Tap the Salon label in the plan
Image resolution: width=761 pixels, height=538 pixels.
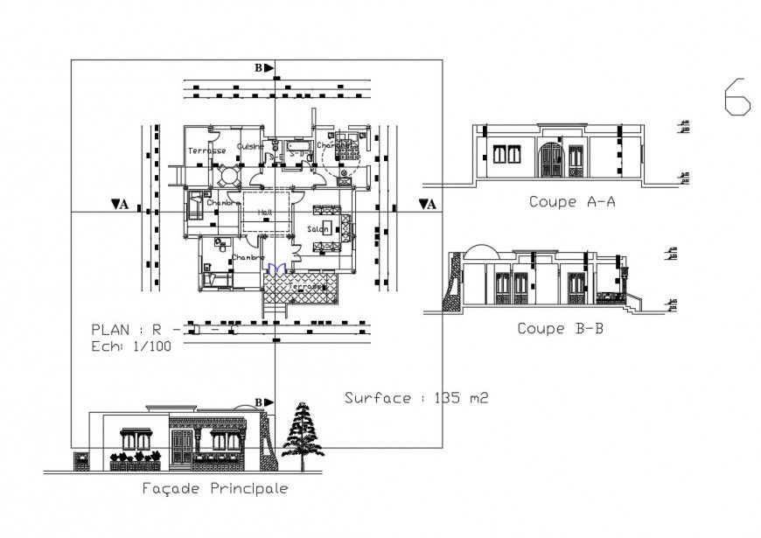pos(318,229)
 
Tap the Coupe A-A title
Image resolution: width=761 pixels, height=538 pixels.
pos(573,202)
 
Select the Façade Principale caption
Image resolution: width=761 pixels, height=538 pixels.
pos(214,488)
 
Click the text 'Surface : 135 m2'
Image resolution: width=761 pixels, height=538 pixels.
pos(415,398)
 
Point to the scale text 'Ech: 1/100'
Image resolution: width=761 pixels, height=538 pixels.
pos(131,346)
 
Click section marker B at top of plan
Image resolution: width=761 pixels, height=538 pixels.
pos(263,67)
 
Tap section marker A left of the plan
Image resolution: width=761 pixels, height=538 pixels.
pos(121,205)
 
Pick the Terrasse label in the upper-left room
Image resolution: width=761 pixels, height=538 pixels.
pos(206,150)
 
